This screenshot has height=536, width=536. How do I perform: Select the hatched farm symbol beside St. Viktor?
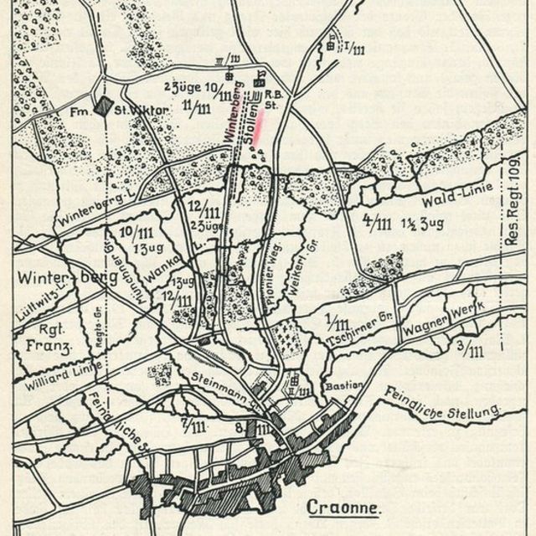[x=102, y=107]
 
